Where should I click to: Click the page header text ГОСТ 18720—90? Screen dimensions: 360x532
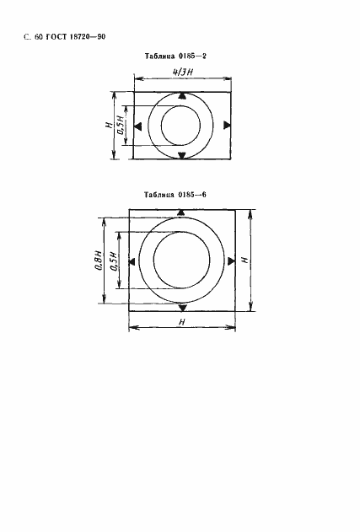(x=75, y=36)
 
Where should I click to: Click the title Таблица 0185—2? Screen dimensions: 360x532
(x=175, y=56)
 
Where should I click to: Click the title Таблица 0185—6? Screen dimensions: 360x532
(x=175, y=195)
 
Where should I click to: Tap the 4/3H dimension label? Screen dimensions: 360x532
(x=183, y=72)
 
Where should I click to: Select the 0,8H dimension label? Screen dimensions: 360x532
(x=98, y=261)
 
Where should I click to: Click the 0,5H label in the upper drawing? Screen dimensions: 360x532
(x=121, y=125)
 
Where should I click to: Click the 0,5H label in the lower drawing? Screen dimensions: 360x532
(x=114, y=261)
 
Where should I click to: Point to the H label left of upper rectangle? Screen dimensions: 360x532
(x=109, y=125)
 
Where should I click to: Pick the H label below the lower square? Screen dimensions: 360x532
(x=182, y=321)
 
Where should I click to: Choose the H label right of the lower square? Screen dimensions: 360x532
(x=244, y=261)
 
